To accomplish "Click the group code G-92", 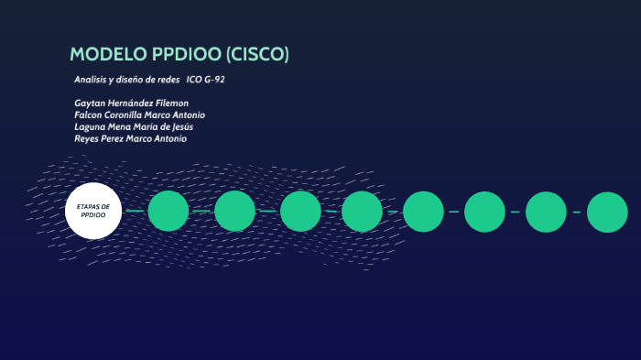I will (x=214, y=80).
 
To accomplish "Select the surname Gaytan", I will (x=90, y=103).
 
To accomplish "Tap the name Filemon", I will (x=170, y=103).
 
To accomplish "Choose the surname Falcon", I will (x=89, y=115).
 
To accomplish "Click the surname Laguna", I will (x=90, y=126).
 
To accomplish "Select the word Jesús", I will (x=179, y=126).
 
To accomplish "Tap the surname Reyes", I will (x=88, y=138).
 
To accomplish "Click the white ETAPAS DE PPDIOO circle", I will (x=93, y=211).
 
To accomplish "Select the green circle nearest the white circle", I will (x=168, y=211).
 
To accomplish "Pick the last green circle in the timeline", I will (x=607, y=212).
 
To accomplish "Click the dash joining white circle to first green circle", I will (x=135, y=211).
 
